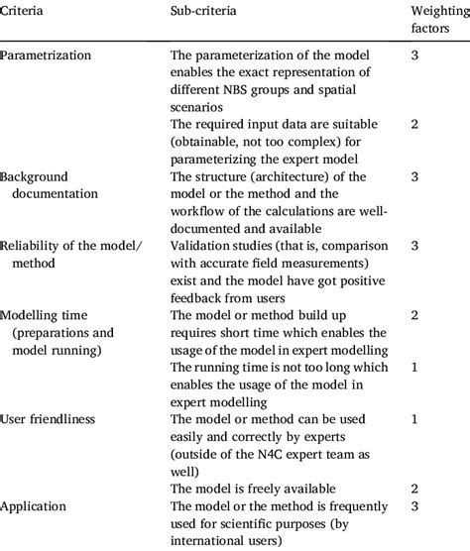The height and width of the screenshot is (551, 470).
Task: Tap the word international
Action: coord(215,541)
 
